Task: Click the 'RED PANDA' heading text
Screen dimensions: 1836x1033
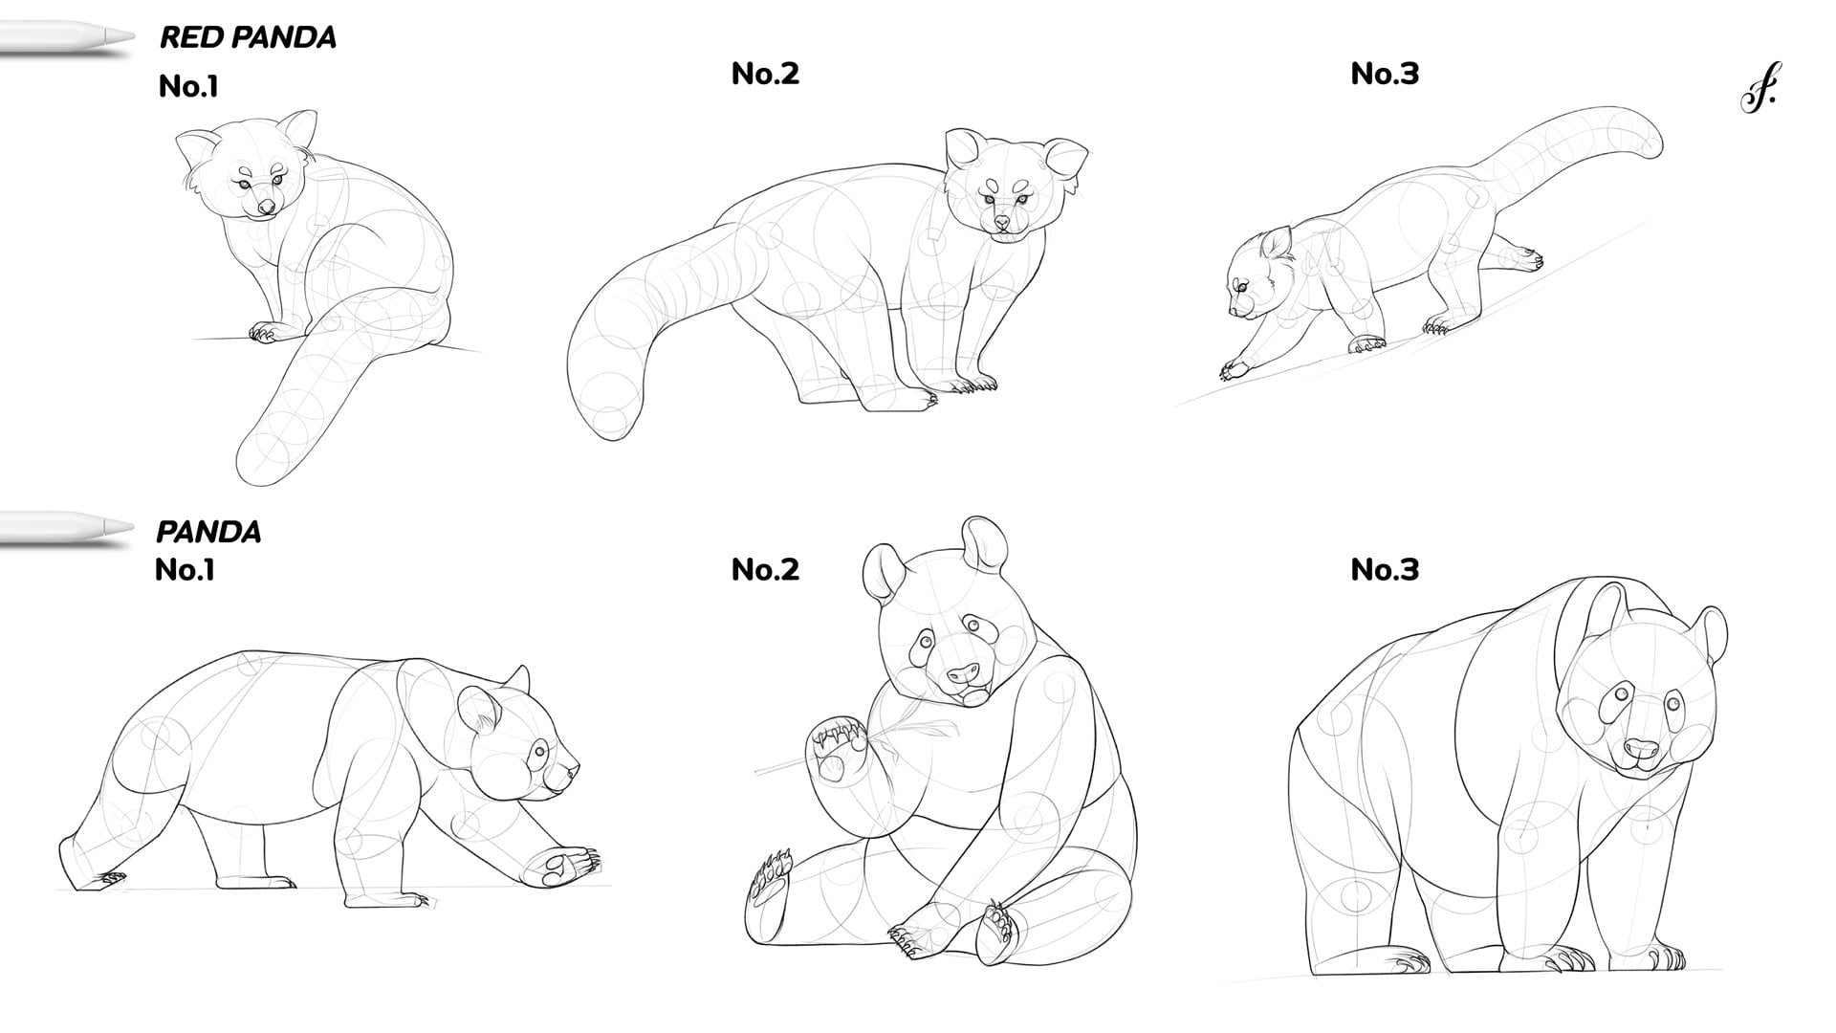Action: point(247,37)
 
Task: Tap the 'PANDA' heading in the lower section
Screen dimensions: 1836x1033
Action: point(208,532)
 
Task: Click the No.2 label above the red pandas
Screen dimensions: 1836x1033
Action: point(765,74)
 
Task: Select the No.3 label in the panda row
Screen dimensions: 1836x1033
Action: point(1385,570)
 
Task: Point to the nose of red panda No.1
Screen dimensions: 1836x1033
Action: point(267,206)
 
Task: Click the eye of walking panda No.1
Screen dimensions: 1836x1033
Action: point(539,751)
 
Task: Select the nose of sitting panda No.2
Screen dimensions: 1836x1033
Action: point(965,672)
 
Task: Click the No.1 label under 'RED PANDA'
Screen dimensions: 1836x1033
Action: point(188,87)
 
